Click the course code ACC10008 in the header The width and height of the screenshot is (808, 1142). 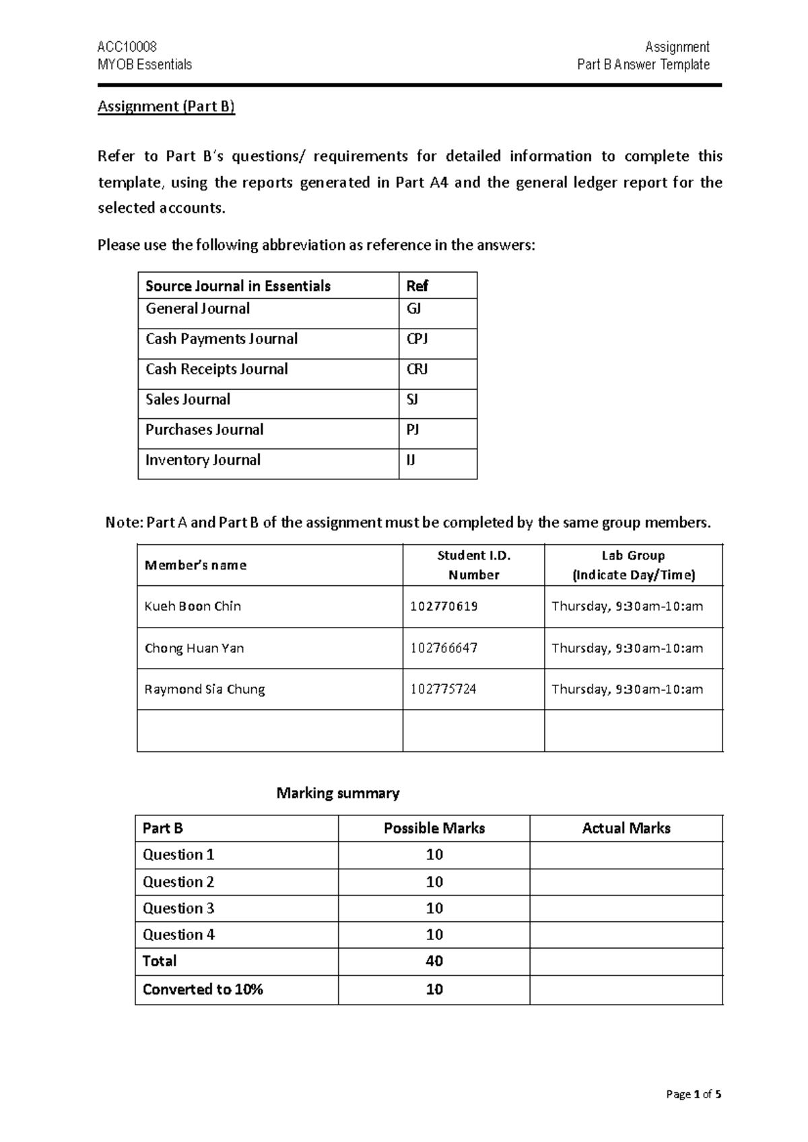click(x=127, y=46)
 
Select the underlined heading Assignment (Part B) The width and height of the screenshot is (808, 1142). click(x=166, y=106)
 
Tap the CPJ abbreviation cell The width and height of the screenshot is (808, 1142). click(x=417, y=339)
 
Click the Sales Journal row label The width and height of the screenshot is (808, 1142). click(x=188, y=399)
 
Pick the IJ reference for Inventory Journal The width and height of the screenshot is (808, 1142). click(x=411, y=460)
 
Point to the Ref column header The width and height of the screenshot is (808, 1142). click(x=417, y=285)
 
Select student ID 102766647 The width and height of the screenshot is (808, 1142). click(x=444, y=648)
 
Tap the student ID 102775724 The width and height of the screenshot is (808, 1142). click(x=443, y=689)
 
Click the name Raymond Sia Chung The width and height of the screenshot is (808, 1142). click(x=205, y=689)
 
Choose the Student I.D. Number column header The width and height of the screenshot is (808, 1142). click(x=473, y=565)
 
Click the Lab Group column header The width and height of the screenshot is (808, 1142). click(x=633, y=565)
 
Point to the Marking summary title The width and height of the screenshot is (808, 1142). click(x=338, y=793)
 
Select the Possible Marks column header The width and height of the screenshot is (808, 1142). click(x=434, y=828)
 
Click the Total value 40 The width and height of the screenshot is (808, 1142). click(x=434, y=961)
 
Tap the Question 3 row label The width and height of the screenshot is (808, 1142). click(x=178, y=908)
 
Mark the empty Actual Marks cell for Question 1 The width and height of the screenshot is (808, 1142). click(x=626, y=855)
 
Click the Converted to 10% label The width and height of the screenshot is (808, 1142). click(x=203, y=989)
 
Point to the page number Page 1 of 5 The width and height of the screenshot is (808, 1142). click(x=694, y=1094)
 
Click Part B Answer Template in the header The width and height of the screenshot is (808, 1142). click(x=643, y=65)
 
